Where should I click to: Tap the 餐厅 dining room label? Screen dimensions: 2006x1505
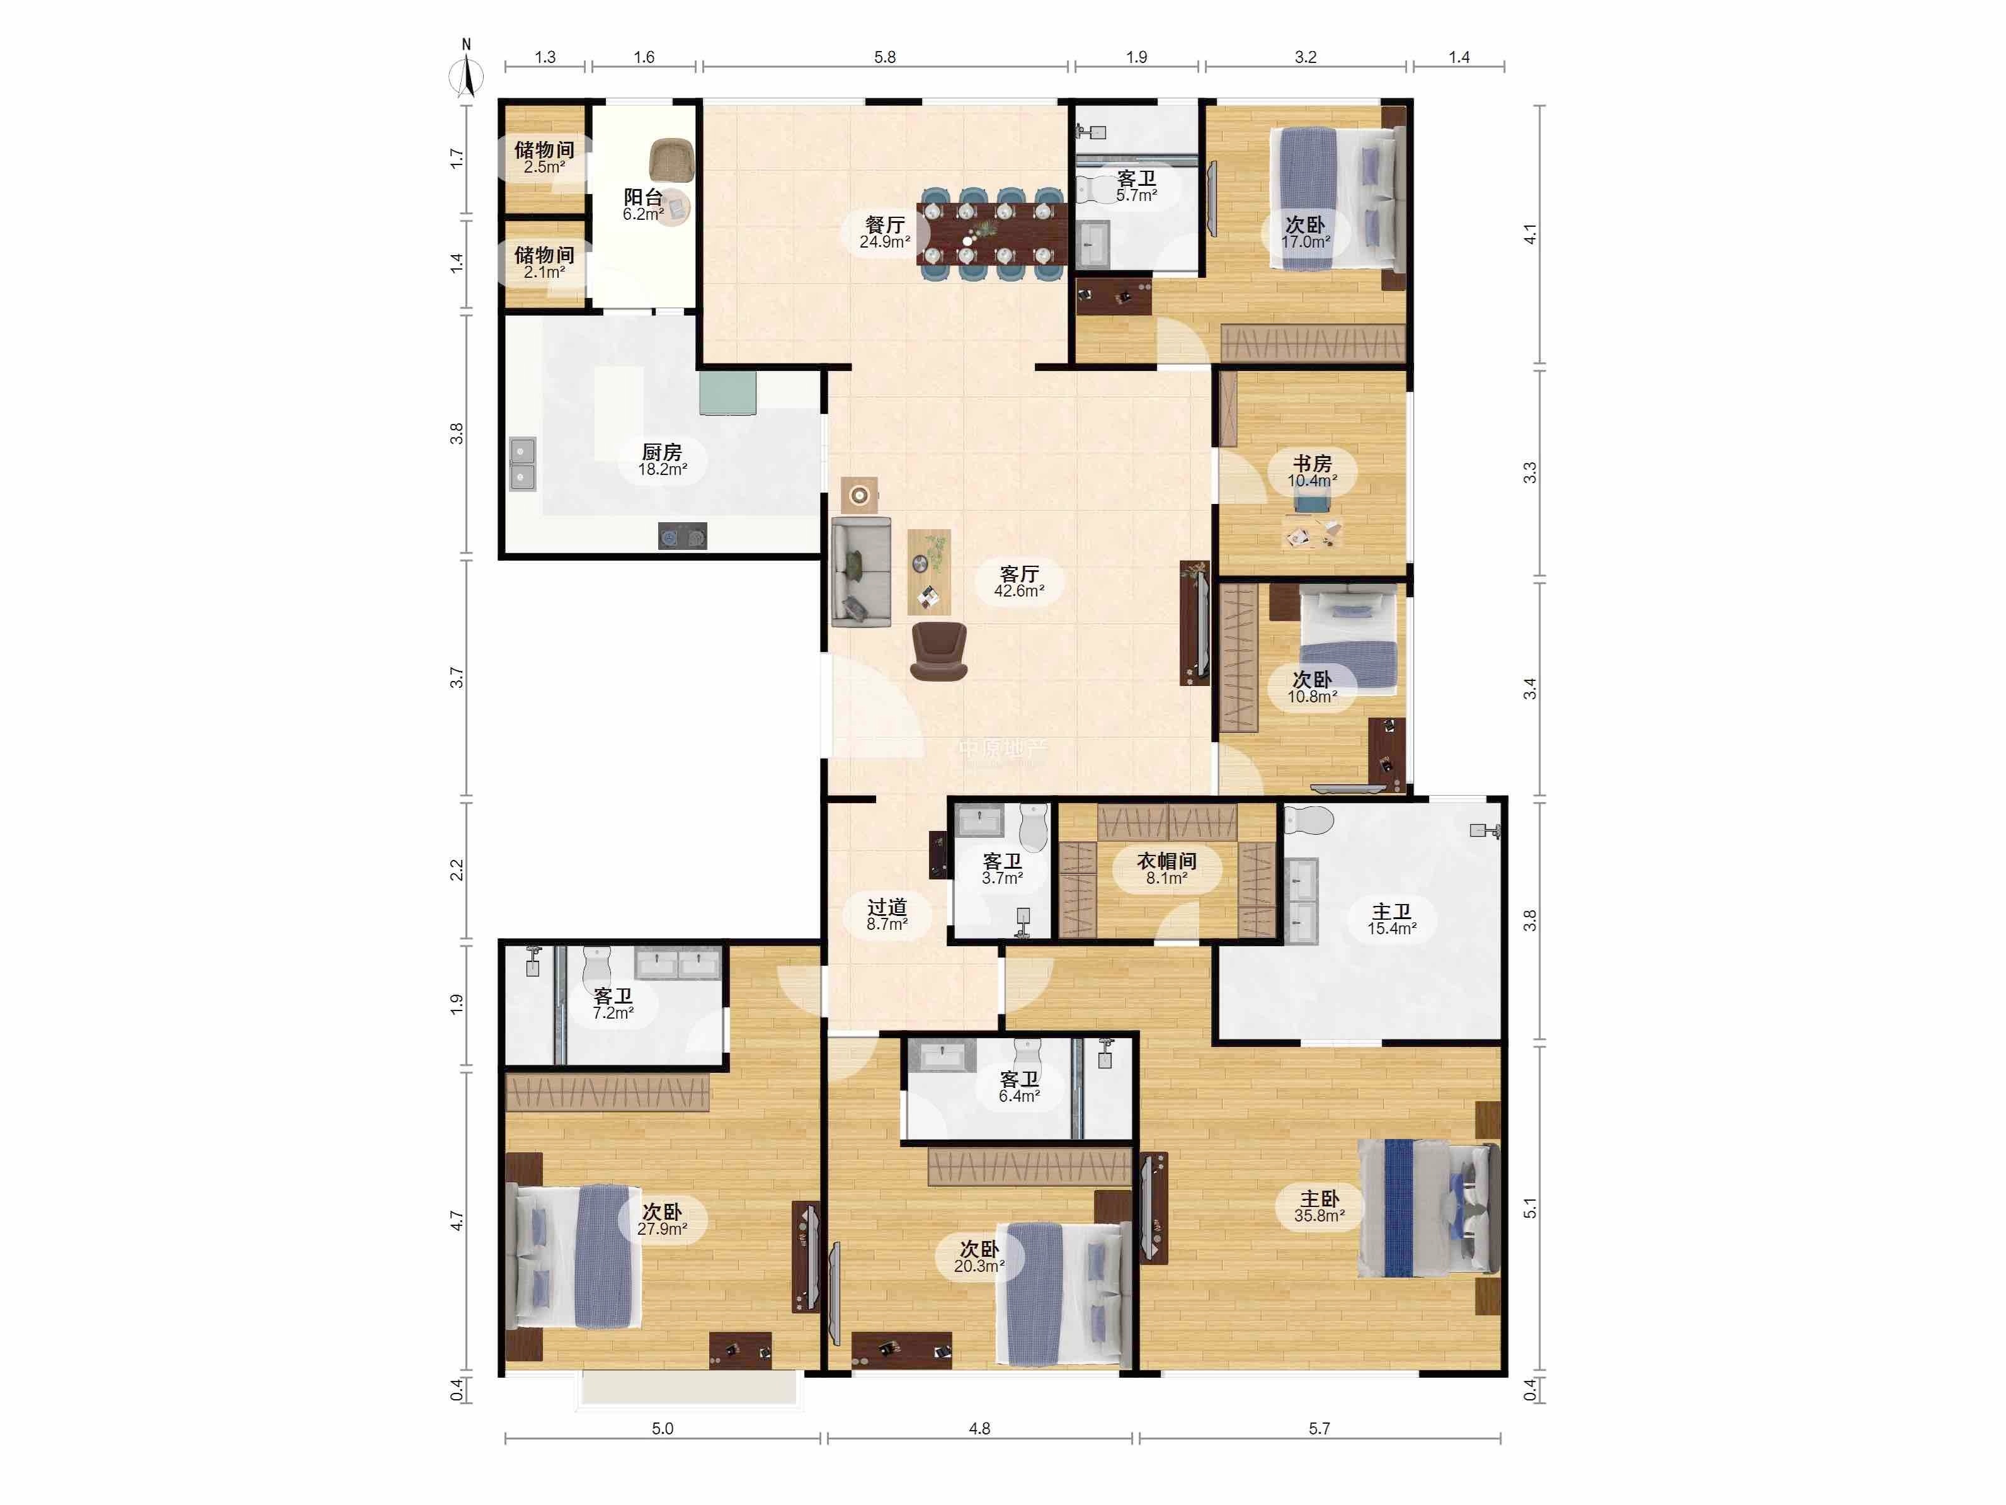pyautogui.click(x=885, y=224)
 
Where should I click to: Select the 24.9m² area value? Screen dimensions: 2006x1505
pyautogui.click(x=885, y=242)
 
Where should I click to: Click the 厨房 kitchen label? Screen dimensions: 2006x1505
pyautogui.click(x=662, y=452)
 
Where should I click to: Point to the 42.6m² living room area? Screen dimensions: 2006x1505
pyautogui.click(x=1019, y=590)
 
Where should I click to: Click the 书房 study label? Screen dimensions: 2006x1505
pyautogui.click(x=1312, y=464)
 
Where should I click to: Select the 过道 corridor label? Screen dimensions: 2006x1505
pyautogui.click(x=887, y=907)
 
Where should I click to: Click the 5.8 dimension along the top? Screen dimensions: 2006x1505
pyautogui.click(x=885, y=57)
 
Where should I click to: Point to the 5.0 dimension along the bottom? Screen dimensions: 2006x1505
pyautogui.click(x=663, y=1429)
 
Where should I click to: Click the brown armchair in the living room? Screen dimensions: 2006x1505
pyautogui.click(x=938, y=650)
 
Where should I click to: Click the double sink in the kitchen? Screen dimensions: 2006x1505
pyautogui.click(x=522, y=464)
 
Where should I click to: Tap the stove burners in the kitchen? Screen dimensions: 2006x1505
pyautogui.click(x=682, y=536)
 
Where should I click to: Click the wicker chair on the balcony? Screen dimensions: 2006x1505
pyautogui.click(x=672, y=159)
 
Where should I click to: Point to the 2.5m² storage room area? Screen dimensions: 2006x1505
pyautogui.click(x=544, y=167)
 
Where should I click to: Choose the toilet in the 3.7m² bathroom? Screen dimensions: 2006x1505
pyautogui.click(x=1033, y=825)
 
